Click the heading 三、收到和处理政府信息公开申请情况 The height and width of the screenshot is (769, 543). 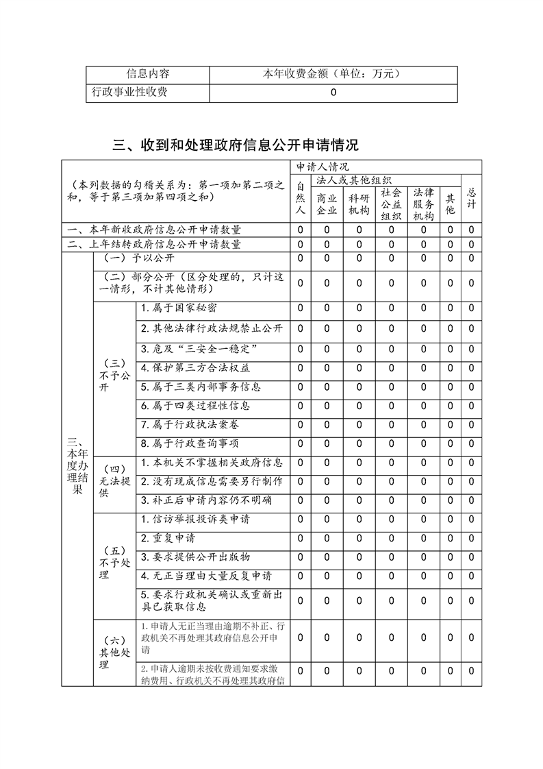point(236,145)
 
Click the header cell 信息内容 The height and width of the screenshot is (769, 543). point(148,74)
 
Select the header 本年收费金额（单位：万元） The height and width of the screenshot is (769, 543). point(332,74)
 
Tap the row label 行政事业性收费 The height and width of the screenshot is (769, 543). point(130,93)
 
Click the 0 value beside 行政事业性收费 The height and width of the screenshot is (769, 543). point(333,93)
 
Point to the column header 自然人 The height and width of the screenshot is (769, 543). point(300,199)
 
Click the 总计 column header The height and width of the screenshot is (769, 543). point(470,199)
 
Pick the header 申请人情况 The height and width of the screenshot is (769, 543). point(323,167)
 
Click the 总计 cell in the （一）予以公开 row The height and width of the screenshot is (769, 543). point(470,258)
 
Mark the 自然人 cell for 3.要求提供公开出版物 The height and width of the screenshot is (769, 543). point(300,557)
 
